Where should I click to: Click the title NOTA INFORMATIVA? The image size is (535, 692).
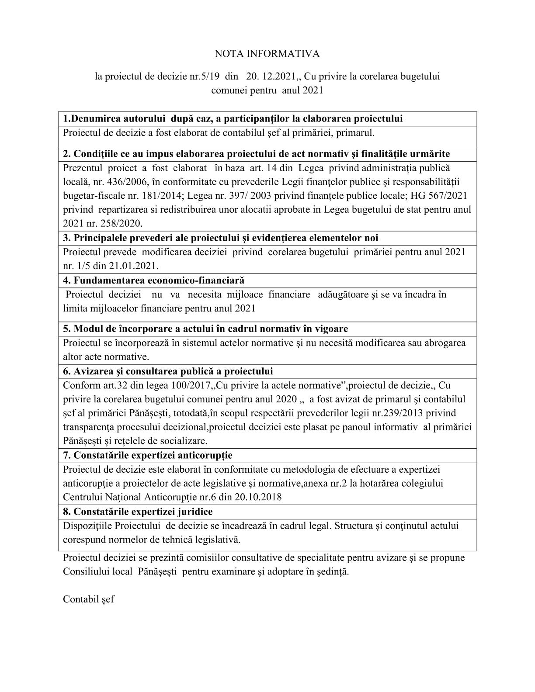(267, 54)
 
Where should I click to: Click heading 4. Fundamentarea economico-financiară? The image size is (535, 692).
(154, 280)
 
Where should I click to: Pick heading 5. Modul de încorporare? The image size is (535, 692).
(205, 329)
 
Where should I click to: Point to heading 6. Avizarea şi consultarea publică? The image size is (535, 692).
(168, 371)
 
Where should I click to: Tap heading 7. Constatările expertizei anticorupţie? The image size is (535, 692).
(148, 456)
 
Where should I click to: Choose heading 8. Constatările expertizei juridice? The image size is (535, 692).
(138, 512)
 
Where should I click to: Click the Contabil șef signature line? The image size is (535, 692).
(89, 599)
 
